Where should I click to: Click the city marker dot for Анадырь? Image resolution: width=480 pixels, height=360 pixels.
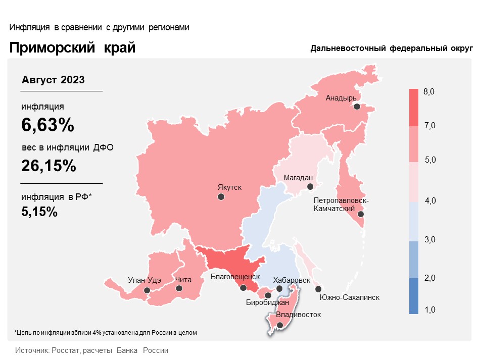357,107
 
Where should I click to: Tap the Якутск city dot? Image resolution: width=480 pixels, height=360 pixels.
221,197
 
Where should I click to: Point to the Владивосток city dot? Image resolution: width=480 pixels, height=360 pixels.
280,325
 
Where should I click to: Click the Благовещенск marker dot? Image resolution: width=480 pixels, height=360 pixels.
244,288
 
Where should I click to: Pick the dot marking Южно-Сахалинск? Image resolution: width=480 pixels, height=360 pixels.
318,289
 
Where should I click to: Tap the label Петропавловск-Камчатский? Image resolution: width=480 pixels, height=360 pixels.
341,204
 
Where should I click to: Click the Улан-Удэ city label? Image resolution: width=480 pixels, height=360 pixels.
144,280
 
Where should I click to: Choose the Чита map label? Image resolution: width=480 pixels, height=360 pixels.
183,280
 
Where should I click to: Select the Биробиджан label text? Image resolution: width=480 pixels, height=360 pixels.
267,303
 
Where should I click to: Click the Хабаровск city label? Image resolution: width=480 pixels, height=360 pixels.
292,280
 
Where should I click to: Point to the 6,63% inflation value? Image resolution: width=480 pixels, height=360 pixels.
47,125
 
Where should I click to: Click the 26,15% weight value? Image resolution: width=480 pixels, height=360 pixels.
49,166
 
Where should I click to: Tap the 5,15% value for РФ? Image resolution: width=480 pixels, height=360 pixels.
39,212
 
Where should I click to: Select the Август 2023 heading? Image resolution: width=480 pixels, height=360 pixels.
53,80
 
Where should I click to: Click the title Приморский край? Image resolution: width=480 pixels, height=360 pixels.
72,48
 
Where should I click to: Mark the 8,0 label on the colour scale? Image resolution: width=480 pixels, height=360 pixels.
429,91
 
